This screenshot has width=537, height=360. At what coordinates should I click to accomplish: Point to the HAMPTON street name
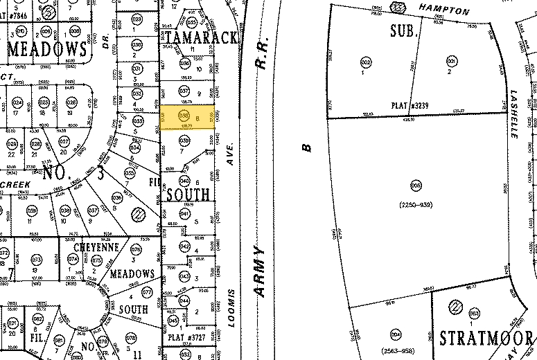[443, 11]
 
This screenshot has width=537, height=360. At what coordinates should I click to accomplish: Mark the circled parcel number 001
[452, 62]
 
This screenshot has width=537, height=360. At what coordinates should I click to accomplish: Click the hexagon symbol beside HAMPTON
[398, 8]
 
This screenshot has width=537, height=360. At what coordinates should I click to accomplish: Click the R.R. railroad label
[261, 64]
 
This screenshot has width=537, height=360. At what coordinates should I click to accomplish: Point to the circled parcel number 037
[184, 91]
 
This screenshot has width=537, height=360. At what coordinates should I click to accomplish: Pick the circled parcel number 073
[37, 260]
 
